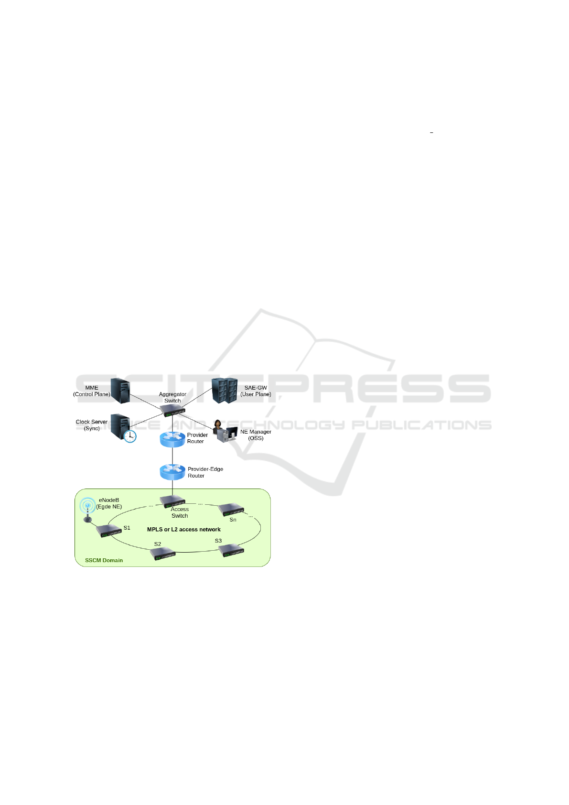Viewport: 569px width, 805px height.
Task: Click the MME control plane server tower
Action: click(120, 391)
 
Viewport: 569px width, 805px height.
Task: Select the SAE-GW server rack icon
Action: click(225, 391)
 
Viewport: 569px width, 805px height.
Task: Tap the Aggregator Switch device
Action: click(172, 410)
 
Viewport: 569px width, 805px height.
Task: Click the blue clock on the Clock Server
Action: click(130, 436)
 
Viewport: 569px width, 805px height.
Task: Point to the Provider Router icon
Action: click(172, 439)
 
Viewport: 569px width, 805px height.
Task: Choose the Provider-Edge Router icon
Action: click(172, 472)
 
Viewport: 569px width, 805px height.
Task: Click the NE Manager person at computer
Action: click(225, 431)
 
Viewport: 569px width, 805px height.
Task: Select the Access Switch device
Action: click(172, 501)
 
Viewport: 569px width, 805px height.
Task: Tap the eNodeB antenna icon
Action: click(87, 509)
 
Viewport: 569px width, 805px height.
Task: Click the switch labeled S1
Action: click(109, 531)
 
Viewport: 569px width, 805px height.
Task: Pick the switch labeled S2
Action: click(163, 554)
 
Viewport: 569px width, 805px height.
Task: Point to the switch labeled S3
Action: click(232, 550)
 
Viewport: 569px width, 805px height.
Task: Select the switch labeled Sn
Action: click(232, 510)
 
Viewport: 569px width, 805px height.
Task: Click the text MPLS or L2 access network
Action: click(184, 530)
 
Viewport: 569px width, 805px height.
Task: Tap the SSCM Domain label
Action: click(104, 560)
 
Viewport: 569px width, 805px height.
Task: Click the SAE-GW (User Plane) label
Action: click(256, 391)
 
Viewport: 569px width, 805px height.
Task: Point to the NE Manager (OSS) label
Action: click(256, 435)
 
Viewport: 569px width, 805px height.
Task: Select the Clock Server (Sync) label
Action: click(92, 425)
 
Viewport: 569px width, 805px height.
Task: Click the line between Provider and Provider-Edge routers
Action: click(172, 456)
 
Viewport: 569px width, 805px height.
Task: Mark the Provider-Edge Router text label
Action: click(205, 472)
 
